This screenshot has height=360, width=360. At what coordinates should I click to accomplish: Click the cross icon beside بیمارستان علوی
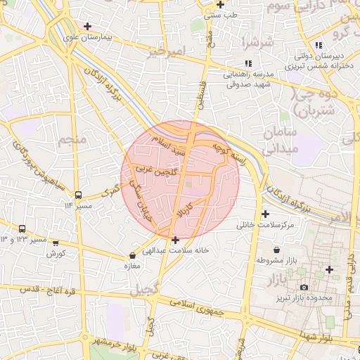(x=87, y=27)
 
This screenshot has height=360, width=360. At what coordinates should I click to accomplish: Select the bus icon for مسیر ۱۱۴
(x=78, y=195)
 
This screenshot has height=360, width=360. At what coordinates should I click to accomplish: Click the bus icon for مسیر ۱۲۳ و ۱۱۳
(x=22, y=229)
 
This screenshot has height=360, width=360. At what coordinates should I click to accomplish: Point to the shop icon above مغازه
(x=133, y=256)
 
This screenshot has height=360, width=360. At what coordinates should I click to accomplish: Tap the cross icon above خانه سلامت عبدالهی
(x=175, y=240)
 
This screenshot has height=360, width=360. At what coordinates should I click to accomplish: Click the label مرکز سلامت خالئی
(x=265, y=224)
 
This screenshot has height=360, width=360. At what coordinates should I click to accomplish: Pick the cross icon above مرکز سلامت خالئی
(x=265, y=214)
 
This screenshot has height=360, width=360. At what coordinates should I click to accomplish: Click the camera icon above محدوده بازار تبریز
(x=304, y=288)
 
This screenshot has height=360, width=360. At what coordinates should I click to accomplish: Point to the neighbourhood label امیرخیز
(x=167, y=51)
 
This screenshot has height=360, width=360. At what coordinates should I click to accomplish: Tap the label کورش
(x=56, y=253)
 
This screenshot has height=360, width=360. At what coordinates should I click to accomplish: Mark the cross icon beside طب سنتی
(x=220, y=5)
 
